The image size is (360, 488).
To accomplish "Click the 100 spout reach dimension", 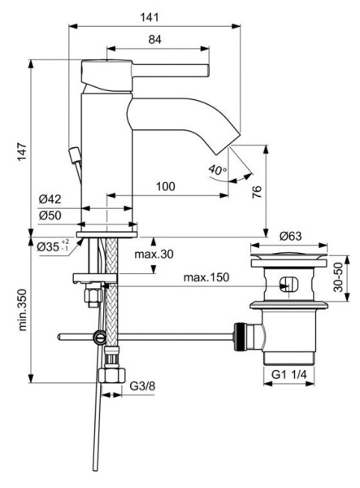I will (165, 187).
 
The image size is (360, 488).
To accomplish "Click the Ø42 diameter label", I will (51, 200).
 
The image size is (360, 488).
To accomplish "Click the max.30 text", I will (154, 255).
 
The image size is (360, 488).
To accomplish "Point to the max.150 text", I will (206, 278).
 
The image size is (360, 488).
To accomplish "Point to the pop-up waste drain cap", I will (289, 259).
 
